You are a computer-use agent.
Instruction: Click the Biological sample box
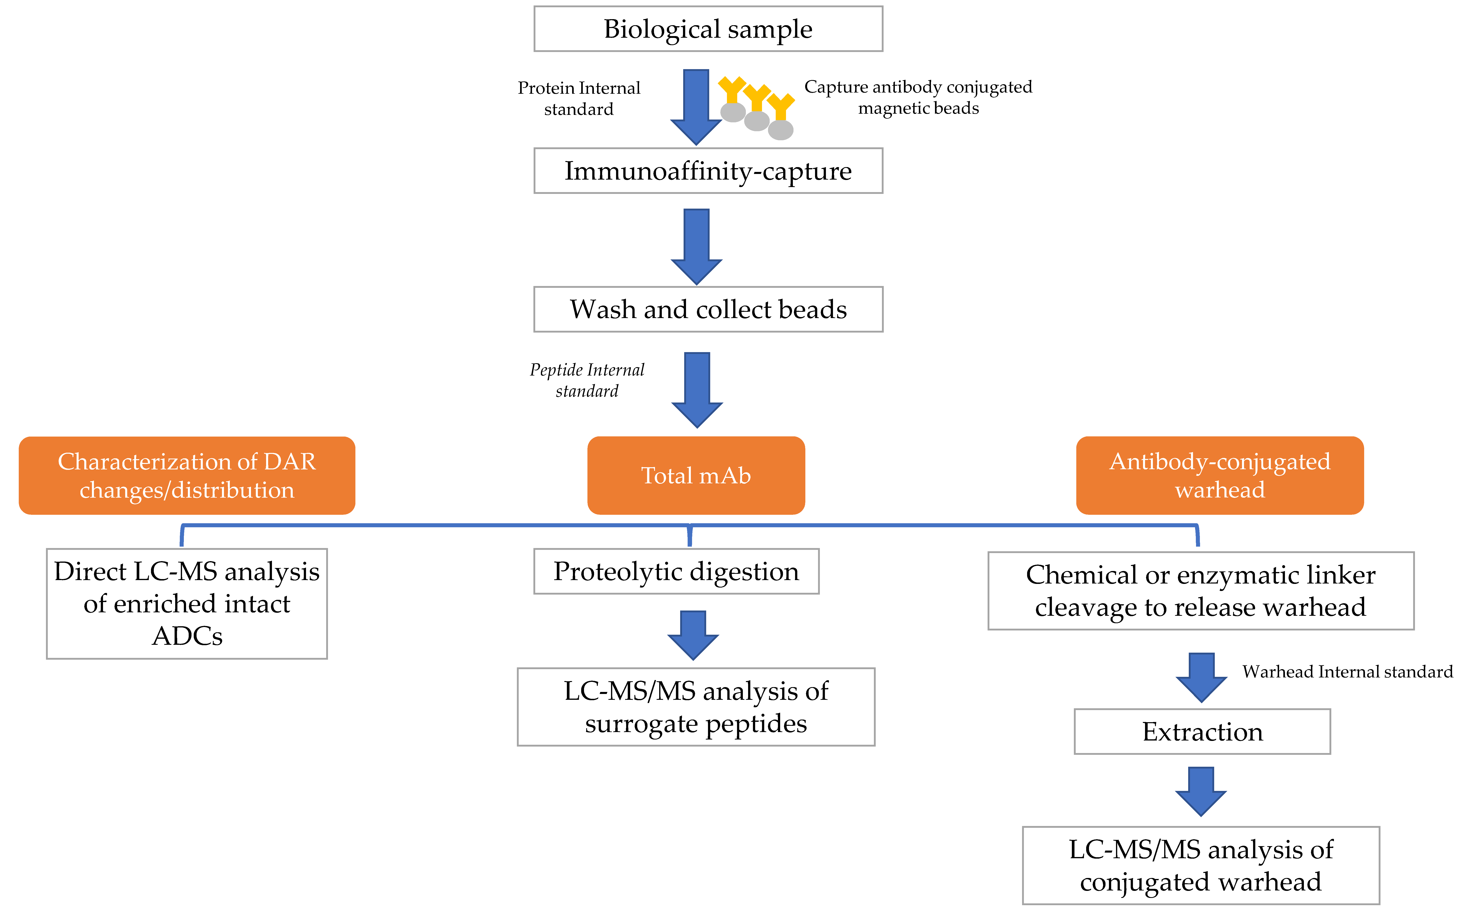(708, 29)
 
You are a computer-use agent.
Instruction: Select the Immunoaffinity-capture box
(708, 171)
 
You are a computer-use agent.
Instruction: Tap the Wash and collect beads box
(708, 310)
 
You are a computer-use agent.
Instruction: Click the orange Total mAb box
(696, 475)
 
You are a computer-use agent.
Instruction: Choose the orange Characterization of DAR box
(187, 475)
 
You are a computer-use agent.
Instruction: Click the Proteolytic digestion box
(676, 571)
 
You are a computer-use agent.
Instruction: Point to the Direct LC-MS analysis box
(187, 603)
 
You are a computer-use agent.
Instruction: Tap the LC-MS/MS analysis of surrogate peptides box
(696, 707)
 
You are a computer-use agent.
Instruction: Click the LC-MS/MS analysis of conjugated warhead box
(1201, 865)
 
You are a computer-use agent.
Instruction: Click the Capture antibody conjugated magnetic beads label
(918, 97)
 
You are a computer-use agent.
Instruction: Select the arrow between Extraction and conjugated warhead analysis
(1201, 791)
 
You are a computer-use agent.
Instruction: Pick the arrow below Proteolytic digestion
(693, 635)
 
